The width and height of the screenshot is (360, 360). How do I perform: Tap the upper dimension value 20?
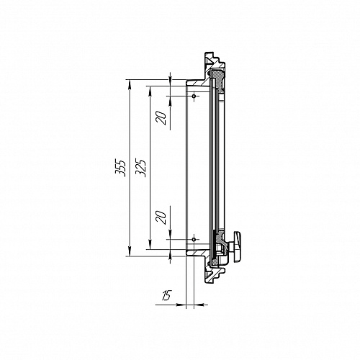161,118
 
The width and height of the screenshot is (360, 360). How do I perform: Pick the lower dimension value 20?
161,217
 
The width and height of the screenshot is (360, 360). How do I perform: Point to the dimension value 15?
166,295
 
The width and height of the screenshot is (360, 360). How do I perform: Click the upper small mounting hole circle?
194,96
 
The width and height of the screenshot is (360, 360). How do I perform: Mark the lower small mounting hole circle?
194,240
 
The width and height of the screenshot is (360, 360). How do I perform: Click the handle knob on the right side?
238,246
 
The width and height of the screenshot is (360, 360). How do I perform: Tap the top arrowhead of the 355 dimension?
130,84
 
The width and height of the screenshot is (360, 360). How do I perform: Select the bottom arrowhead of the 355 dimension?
130,252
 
